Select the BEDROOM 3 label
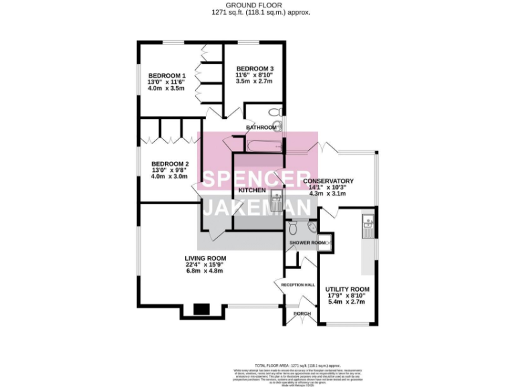(x=254, y=69)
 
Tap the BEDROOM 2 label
(x=170, y=164)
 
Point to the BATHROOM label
(x=261, y=127)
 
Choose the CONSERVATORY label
(x=328, y=181)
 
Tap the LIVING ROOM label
(x=205, y=259)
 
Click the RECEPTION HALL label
(x=298, y=285)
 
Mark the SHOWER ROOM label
(x=307, y=242)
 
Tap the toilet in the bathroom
(x=273, y=112)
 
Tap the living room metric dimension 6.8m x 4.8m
(x=205, y=271)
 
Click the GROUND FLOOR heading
(x=257, y=5)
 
